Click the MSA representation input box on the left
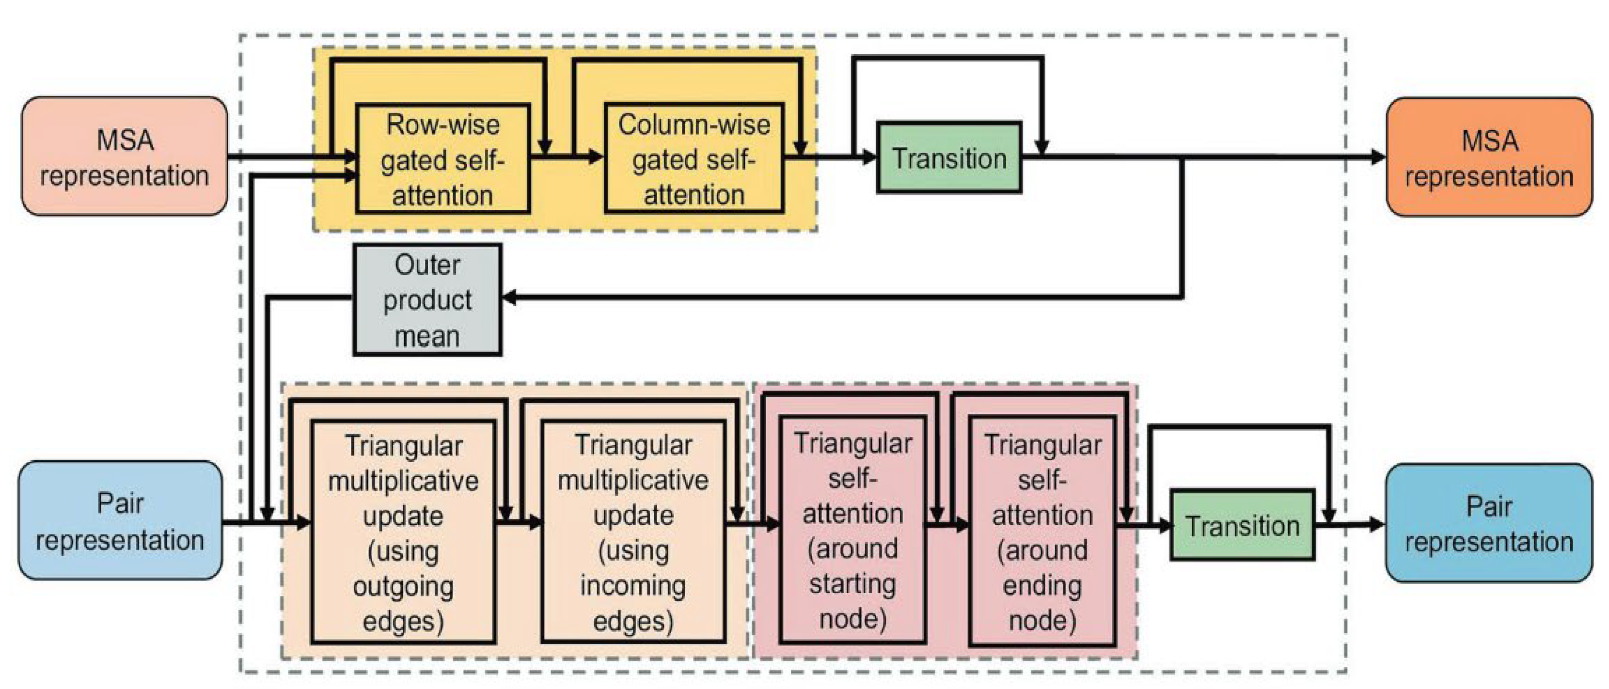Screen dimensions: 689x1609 click(x=124, y=156)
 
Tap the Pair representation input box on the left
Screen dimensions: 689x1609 click(x=120, y=520)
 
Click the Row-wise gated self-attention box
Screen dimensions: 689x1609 click(x=443, y=159)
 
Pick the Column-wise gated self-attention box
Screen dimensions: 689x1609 click(x=694, y=159)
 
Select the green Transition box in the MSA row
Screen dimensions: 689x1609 click(x=949, y=157)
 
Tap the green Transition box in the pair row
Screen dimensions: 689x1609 click(x=1242, y=525)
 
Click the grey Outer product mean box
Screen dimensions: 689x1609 click(x=427, y=300)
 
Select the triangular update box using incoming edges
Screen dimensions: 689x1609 click(x=633, y=532)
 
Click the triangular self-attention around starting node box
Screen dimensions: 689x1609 click(x=852, y=530)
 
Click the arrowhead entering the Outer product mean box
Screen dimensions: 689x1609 click(x=509, y=298)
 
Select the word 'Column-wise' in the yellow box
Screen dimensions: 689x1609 click(x=694, y=125)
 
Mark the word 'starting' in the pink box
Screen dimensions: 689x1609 click(x=852, y=584)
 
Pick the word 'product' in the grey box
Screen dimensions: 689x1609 click(x=427, y=300)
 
